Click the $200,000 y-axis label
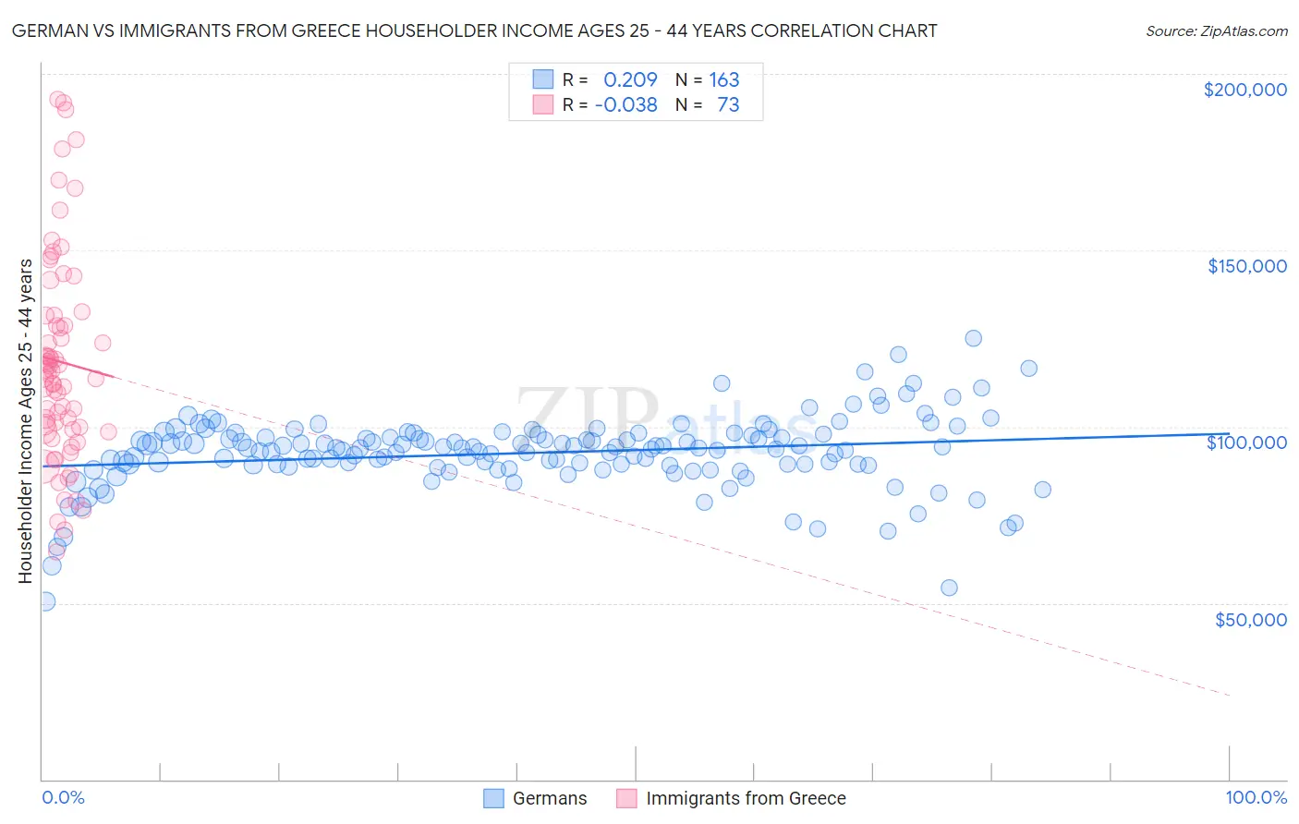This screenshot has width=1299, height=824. [x=1244, y=90]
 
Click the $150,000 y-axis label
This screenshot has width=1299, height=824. [x=1246, y=266]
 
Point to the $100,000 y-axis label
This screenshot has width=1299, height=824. [x=1246, y=442]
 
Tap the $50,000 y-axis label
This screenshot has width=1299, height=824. [x=1250, y=619]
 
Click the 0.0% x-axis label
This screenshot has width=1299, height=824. [x=63, y=798]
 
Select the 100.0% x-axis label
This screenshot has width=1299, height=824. [x=1256, y=798]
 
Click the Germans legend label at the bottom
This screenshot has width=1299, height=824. [x=550, y=798]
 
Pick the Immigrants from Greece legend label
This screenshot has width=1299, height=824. [x=746, y=798]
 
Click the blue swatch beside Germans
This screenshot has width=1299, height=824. [x=494, y=798]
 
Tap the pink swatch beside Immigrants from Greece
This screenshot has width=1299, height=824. [x=627, y=798]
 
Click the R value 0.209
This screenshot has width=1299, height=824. [x=630, y=79]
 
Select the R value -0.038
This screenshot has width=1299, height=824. [x=625, y=104]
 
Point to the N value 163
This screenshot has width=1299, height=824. [x=723, y=79]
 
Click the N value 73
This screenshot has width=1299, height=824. [x=728, y=104]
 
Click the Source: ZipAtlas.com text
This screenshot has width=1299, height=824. [x=1216, y=30]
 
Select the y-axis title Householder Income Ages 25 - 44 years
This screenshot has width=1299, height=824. [x=25, y=420]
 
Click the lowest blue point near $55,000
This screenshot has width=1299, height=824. [x=949, y=588]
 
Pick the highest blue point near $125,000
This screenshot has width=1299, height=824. [x=973, y=338]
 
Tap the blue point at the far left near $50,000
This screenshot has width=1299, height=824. [x=45, y=601]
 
